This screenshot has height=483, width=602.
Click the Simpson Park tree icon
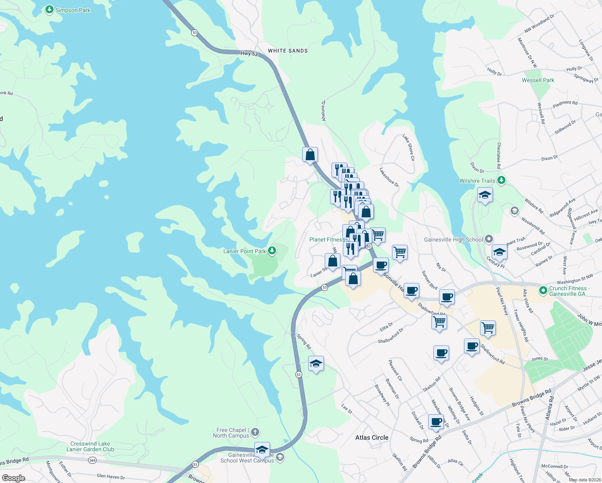[49, 10]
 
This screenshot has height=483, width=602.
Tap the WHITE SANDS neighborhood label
[288, 51]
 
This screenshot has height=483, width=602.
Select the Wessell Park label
[538, 80]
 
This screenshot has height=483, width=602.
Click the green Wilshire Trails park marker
[501, 180]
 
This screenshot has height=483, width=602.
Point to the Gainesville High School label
[453, 239]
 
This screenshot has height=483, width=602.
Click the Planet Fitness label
[327, 239]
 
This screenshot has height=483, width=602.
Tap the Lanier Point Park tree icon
[272, 251]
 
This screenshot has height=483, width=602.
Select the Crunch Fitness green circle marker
[543, 290]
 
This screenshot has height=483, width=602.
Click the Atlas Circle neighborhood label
[372, 438]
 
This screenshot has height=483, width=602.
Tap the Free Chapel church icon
[255, 433]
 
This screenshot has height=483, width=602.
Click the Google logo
[13, 478]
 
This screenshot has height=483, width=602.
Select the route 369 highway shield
[92, 460]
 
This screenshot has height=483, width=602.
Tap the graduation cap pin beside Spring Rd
[316, 364]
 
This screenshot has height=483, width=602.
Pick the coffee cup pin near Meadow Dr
[436, 422]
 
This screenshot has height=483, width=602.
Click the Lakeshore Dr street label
[389, 177]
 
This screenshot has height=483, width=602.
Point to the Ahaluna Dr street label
[323, 111]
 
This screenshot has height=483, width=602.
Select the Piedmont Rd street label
[565, 104]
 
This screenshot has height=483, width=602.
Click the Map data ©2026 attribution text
[583, 480]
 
